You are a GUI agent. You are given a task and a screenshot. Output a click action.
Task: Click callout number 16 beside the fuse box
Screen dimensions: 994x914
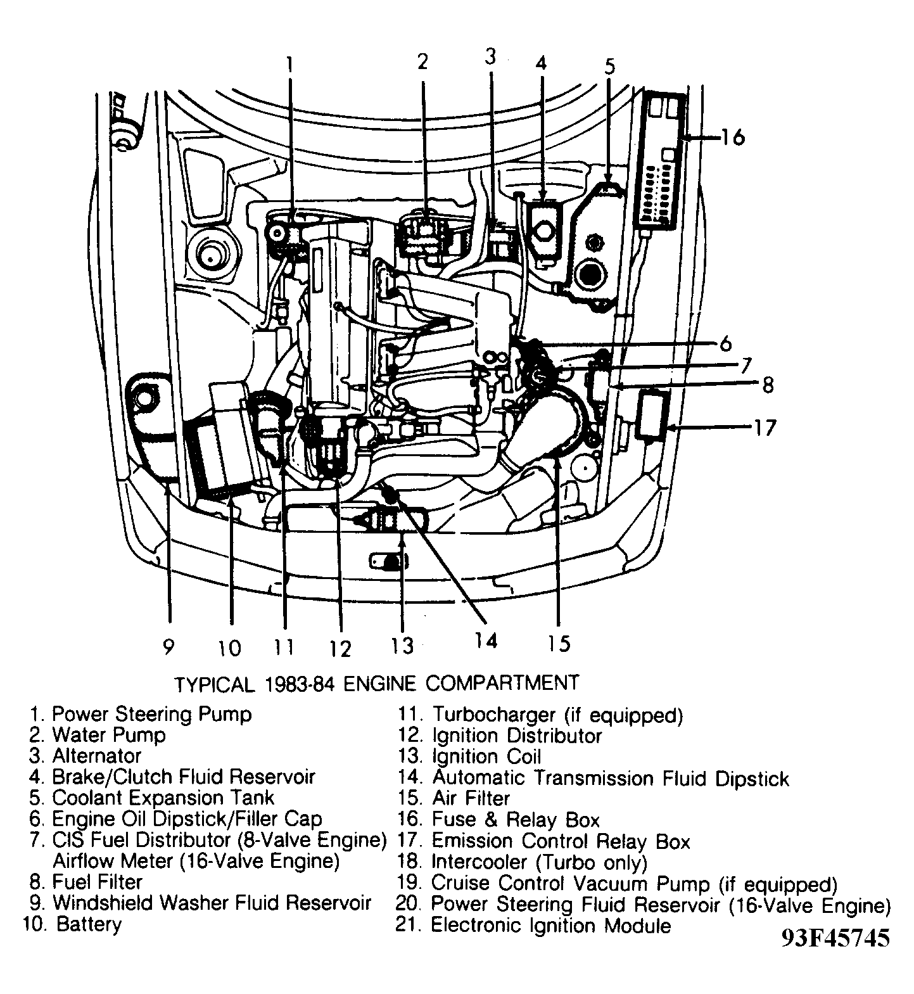click(733, 137)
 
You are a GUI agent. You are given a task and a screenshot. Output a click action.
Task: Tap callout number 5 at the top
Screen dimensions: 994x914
click(609, 67)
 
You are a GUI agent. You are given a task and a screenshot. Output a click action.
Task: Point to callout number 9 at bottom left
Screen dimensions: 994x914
click(168, 646)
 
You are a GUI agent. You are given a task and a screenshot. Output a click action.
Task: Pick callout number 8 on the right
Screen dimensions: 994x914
click(768, 385)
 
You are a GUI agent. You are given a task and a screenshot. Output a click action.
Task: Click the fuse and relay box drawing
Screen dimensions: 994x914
click(663, 160)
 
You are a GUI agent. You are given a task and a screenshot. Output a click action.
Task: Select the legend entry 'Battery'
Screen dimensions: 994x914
click(88, 924)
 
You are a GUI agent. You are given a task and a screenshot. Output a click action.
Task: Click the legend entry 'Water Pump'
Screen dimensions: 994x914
click(108, 735)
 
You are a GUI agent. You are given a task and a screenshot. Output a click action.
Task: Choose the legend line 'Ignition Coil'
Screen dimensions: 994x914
click(486, 756)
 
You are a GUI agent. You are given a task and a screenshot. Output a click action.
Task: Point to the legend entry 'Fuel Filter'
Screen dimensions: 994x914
click(97, 882)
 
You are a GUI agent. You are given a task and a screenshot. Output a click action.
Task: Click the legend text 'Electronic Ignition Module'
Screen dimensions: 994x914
click(550, 926)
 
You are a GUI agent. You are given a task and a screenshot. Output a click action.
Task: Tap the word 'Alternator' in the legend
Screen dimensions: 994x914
click(96, 756)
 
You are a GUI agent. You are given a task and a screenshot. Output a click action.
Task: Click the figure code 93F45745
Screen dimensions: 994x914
click(835, 938)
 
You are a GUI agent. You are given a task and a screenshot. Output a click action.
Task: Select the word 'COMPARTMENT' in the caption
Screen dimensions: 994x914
click(502, 683)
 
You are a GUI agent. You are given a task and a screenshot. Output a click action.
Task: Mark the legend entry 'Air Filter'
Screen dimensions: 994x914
click(471, 798)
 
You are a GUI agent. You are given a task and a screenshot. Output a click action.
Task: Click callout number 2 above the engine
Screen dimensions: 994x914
click(422, 61)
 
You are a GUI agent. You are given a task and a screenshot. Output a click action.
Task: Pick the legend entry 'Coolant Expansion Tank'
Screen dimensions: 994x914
click(163, 798)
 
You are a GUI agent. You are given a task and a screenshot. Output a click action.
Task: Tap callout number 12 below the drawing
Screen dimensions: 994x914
click(340, 648)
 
